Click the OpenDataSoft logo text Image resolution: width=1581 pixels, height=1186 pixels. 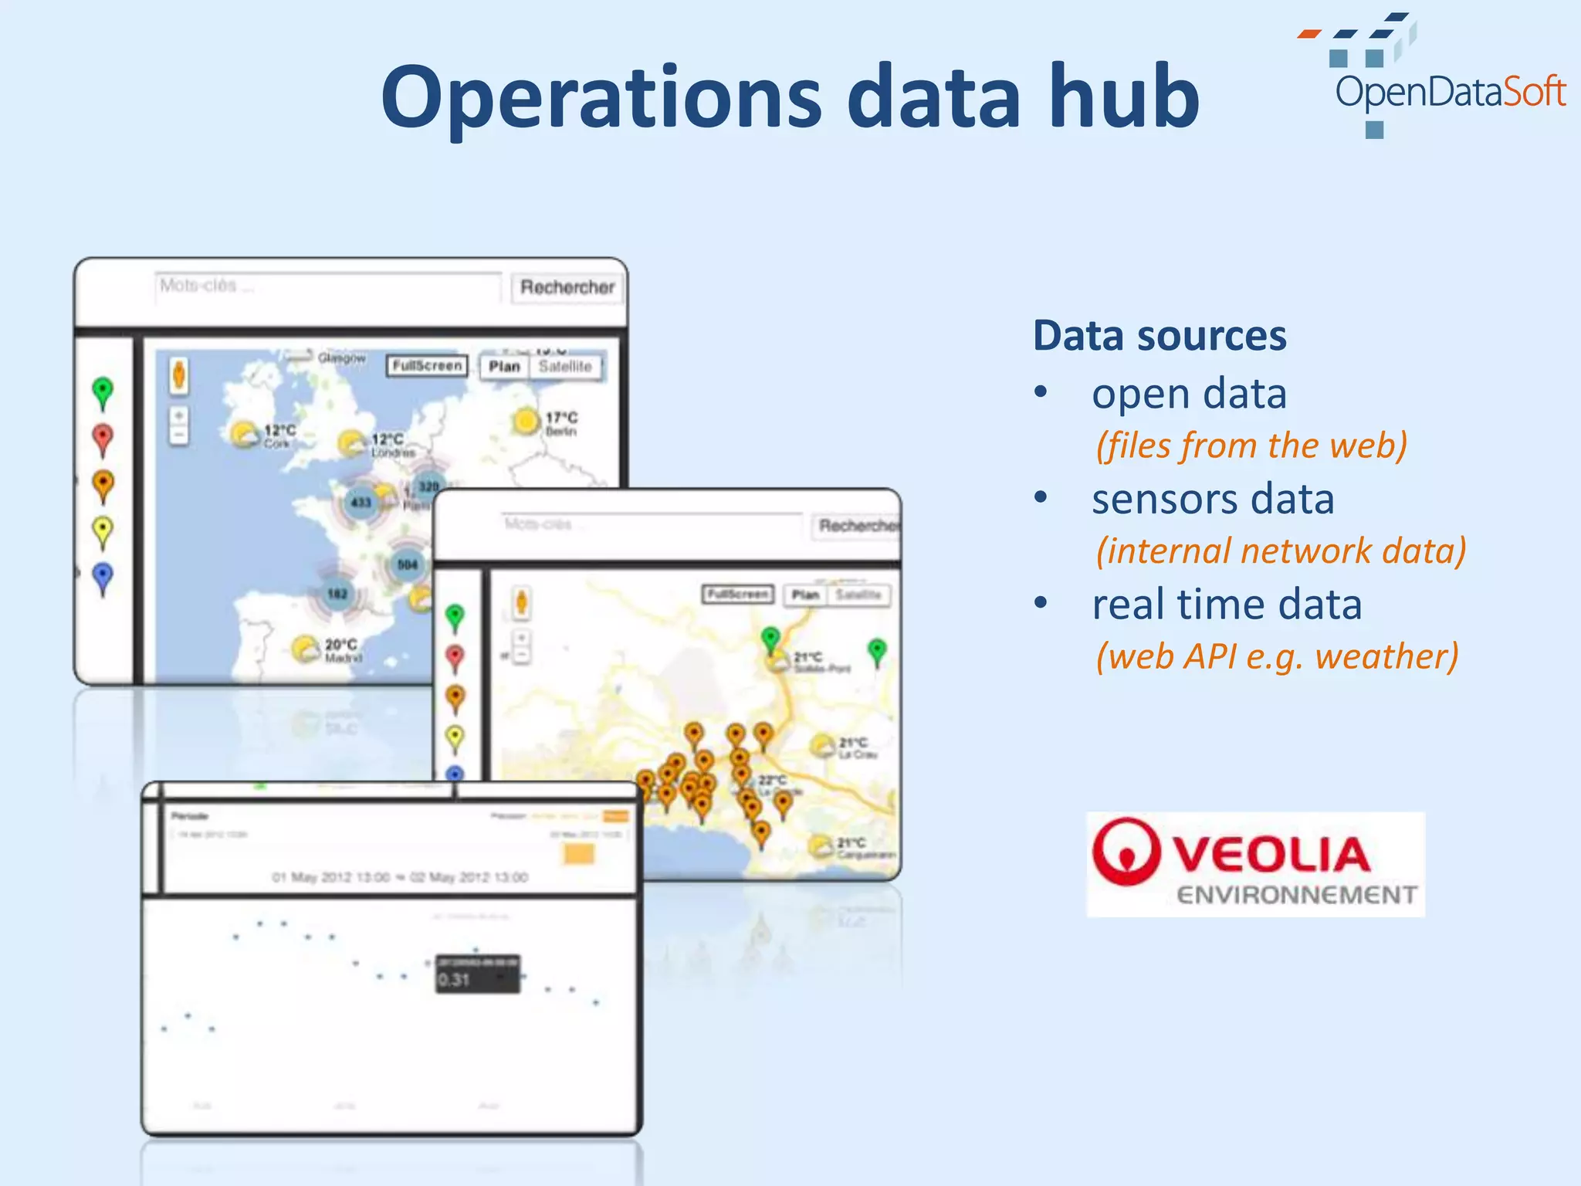click(1450, 93)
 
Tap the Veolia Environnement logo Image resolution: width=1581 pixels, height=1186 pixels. click(1255, 864)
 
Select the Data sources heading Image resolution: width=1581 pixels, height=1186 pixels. click(1160, 336)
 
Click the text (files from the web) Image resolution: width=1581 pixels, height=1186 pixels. click(1251, 446)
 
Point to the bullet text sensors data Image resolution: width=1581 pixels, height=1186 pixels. click(1213, 499)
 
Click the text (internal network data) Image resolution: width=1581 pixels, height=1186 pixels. click(1281, 551)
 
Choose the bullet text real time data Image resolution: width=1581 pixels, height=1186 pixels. click(1227, 604)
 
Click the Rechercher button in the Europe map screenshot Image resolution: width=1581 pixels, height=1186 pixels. click(567, 287)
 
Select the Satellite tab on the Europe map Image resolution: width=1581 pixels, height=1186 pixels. click(565, 366)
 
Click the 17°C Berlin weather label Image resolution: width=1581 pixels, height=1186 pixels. click(560, 422)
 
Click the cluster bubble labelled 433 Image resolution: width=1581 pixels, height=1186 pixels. click(361, 503)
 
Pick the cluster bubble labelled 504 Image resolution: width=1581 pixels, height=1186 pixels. click(408, 564)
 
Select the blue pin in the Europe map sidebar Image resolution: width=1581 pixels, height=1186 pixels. click(103, 577)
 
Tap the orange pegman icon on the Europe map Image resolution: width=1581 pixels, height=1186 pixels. click(179, 375)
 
